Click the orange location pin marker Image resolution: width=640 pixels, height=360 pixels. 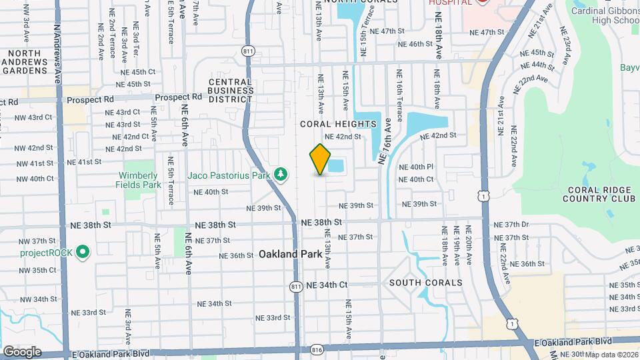pyautogui.click(x=320, y=159)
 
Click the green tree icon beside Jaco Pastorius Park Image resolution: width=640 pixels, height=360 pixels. pyautogui.click(x=281, y=174)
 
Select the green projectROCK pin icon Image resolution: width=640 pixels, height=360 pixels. pyautogui.click(x=83, y=252)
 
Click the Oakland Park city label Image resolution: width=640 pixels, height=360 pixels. pyautogui.click(x=287, y=254)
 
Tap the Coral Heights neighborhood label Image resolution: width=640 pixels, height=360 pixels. pyautogui.click(x=338, y=124)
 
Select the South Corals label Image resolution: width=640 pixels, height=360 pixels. pyautogui.click(x=426, y=283)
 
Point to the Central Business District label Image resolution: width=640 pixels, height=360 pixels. pyautogui.click(x=231, y=91)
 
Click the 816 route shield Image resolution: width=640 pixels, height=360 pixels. pyautogui.click(x=317, y=349)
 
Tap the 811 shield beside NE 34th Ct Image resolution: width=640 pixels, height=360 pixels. pyautogui.click(x=296, y=286)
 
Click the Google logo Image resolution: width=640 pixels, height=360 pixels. pyautogui.click(x=22, y=351)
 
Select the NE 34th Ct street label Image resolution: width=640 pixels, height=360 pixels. pyautogui.click(x=327, y=285)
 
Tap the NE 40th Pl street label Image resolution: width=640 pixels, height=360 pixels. pyautogui.click(x=417, y=167)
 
